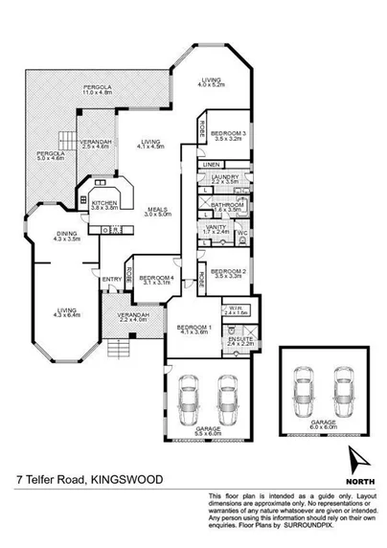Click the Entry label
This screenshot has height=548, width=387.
(112, 279)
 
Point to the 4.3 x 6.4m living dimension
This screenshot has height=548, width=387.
(66, 316)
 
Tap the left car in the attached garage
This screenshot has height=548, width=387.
(190, 394)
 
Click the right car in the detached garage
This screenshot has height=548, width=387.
(341, 390)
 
